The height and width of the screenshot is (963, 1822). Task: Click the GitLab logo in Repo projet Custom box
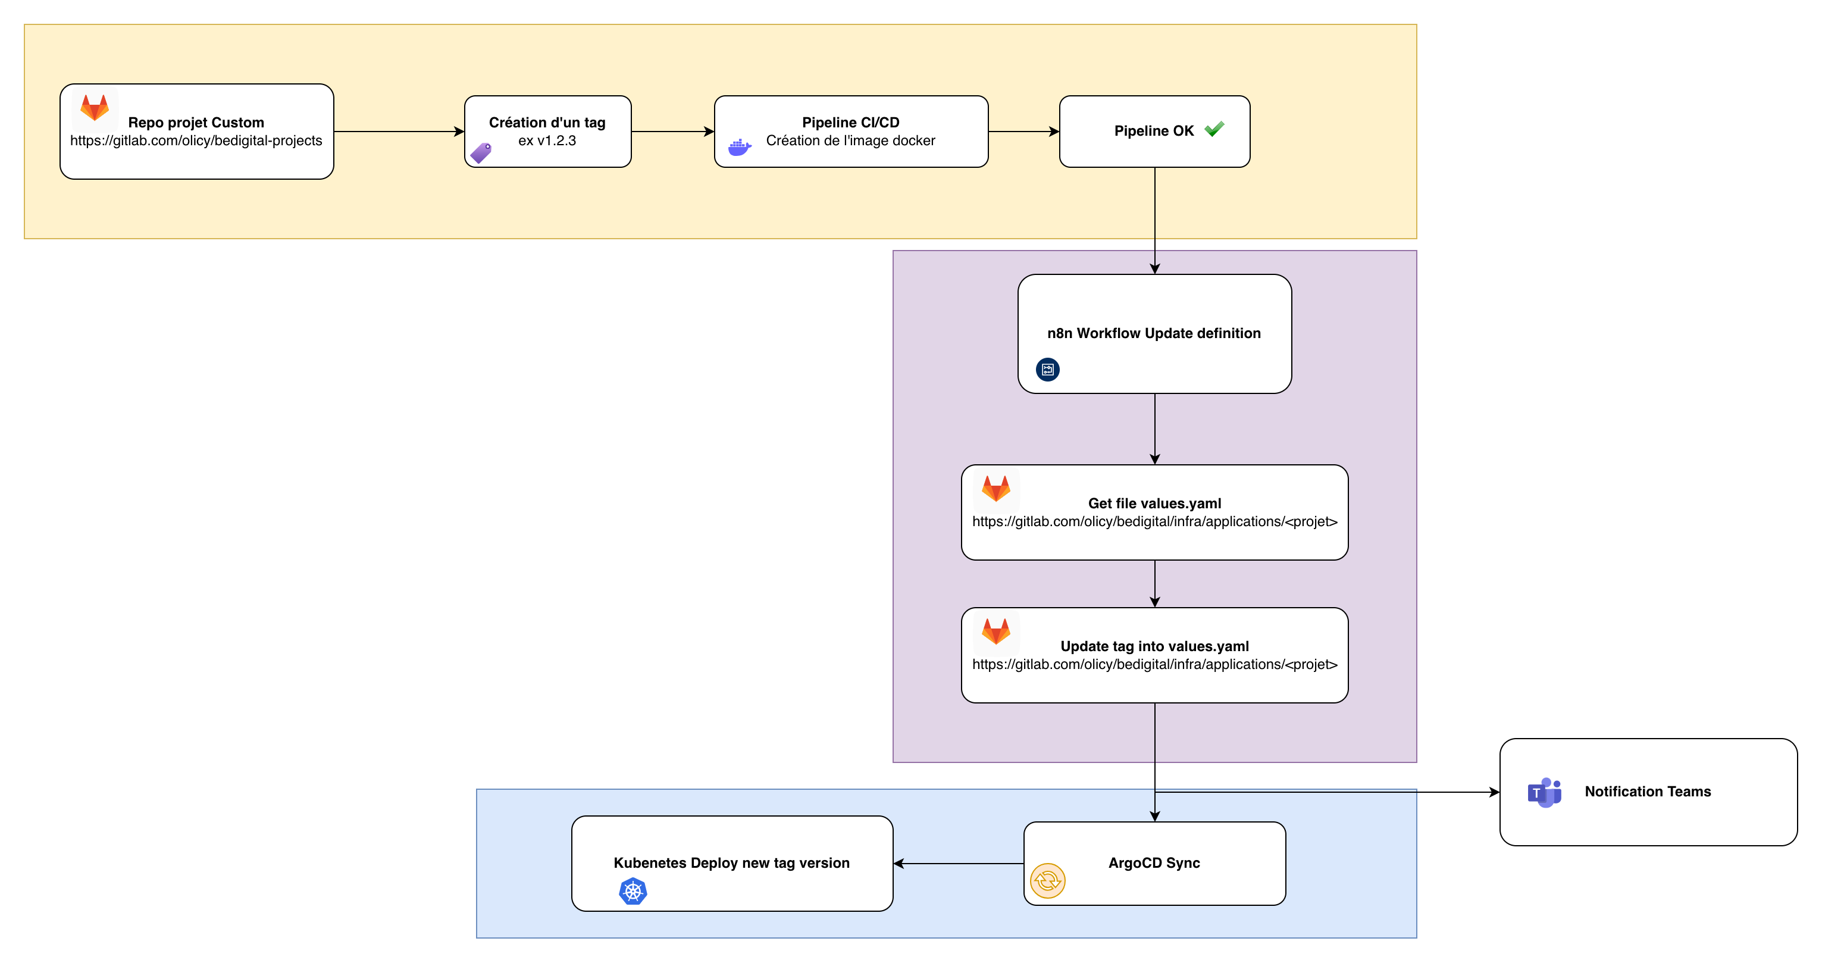point(94,108)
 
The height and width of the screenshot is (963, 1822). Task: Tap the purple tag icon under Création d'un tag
point(481,153)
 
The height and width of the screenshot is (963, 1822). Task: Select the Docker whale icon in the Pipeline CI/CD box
point(739,148)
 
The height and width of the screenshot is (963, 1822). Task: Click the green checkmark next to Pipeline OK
point(1214,130)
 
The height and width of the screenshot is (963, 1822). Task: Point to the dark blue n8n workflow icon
point(1047,370)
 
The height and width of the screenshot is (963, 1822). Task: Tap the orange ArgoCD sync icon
point(1047,881)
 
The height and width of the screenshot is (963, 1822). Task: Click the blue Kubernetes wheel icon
point(633,892)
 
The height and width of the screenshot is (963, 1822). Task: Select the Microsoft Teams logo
point(1544,792)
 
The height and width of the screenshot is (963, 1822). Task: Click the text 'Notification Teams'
point(1647,792)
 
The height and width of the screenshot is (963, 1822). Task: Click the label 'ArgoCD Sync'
point(1154,863)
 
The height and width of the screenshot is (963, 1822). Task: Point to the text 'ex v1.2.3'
point(547,141)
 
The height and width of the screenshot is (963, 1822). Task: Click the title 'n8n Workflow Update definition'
point(1154,333)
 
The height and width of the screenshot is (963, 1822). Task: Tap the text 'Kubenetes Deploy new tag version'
point(731,863)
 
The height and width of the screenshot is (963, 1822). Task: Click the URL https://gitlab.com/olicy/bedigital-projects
point(196,141)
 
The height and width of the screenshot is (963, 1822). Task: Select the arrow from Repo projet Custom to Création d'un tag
point(398,132)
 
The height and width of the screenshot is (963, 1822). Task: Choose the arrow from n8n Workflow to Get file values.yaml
point(1154,428)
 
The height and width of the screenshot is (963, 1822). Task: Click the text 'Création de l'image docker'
point(850,141)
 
